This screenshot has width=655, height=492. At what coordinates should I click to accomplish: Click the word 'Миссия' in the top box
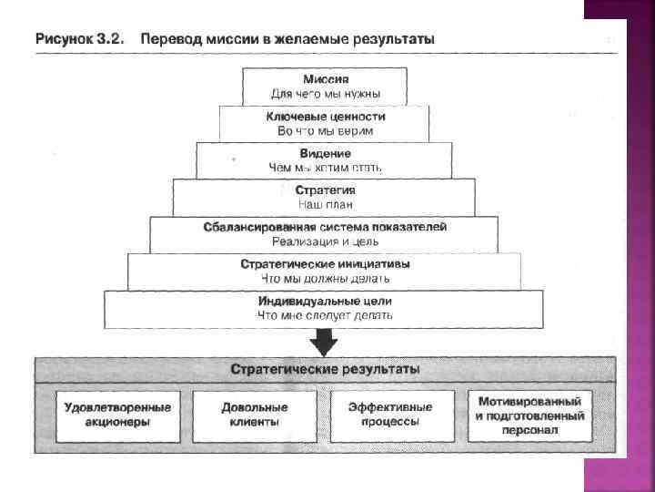pyautogui.click(x=325, y=79)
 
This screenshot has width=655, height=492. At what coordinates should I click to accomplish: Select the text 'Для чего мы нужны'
pyautogui.click(x=325, y=93)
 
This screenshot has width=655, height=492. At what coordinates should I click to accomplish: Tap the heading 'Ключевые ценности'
pyautogui.click(x=325, y=117)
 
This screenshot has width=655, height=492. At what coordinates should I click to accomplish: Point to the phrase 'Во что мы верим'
pyautogui.click(x=325, y=130)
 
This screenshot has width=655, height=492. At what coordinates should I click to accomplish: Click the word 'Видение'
pyautogui.click(x=325, y=153)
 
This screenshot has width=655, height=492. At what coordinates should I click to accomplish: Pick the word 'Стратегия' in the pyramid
pyautogui.click(x=325, y=190)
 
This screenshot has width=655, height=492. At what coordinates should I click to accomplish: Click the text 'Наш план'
pyautogui.click(x=325, y=204)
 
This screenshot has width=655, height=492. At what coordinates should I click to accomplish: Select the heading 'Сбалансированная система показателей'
pyautogui.click(x=325, y=227)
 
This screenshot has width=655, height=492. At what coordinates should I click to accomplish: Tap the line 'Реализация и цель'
pyautogui.click(x=325, y=241)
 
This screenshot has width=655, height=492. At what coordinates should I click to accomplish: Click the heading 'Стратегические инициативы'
pyautogui.click(x=325, y=264)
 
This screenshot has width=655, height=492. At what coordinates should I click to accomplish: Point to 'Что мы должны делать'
pyautogui.click(x=325, y=278)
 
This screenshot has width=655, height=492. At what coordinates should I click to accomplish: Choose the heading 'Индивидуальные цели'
pyautogui.click(x=325, y=301)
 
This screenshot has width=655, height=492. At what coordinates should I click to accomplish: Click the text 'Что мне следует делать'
pyautogui.click(x=325, y=315)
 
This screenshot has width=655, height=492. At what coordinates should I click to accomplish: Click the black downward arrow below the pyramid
pyautogui.click(x=324, y=343)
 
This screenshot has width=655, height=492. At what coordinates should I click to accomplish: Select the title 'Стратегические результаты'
pyautogui.click(x=325, y=370)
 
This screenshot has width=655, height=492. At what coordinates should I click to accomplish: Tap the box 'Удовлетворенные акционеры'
pyautogui.click(x=119, y=415)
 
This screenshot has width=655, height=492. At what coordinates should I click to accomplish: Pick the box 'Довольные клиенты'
pyautogui.click(x=254, y=415)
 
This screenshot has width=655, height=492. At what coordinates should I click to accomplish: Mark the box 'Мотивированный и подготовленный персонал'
pyautogui.click(x=529, y=415)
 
